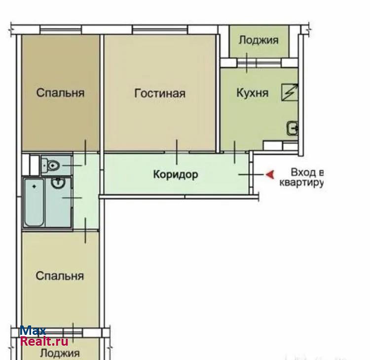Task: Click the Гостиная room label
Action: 160,93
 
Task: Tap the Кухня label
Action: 253,93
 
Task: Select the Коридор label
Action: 176,175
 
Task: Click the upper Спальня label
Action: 60,93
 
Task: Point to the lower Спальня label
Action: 60,276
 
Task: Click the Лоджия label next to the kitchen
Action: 259,40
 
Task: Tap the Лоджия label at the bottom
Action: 60,354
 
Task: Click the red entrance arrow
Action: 270,174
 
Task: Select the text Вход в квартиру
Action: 301,177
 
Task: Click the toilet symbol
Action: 50,165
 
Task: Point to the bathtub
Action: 34,202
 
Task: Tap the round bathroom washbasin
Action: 58,183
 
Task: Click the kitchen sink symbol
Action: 293,128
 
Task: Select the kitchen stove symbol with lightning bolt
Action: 290,92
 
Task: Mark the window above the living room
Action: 160,30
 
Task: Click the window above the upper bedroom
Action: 61,30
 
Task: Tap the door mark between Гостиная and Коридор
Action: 177,152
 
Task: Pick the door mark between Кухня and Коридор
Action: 234,152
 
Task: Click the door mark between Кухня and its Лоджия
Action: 247,63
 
